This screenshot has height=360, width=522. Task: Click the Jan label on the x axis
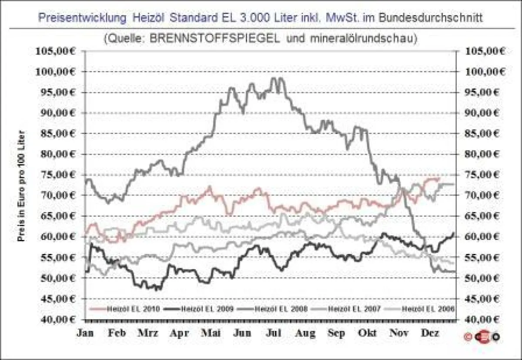[x=84, y=333]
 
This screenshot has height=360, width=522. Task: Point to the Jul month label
[x=274, y=333]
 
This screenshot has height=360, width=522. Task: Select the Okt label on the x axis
[x=368, y=333]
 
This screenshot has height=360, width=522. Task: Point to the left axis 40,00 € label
[x=57, y=319]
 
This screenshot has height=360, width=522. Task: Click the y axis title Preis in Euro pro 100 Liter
[x=20, y=186]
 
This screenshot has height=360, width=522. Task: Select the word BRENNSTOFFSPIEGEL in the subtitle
[x=216, y=38]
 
